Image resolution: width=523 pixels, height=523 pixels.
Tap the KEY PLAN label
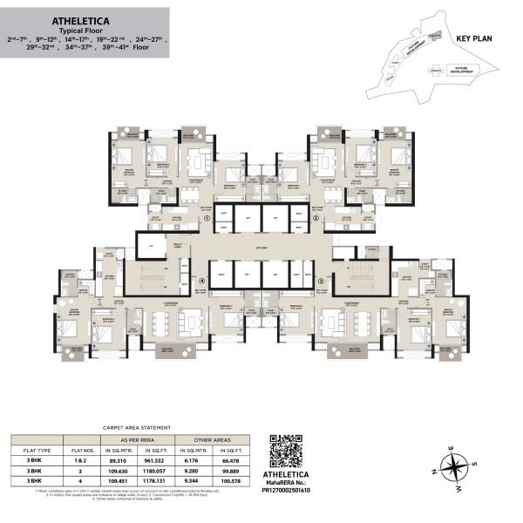pyautogui.click(x=474, y=39)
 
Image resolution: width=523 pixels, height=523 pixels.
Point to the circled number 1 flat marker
pyautogui.click(x=206, y=218)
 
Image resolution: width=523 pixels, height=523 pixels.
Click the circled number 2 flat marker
pyautogui.click(x=317, y=218)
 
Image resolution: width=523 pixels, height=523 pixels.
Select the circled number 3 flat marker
pyautogui.click(x=320, y=281)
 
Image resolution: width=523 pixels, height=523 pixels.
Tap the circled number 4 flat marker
pyautogui.click(x=202, y=281)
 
